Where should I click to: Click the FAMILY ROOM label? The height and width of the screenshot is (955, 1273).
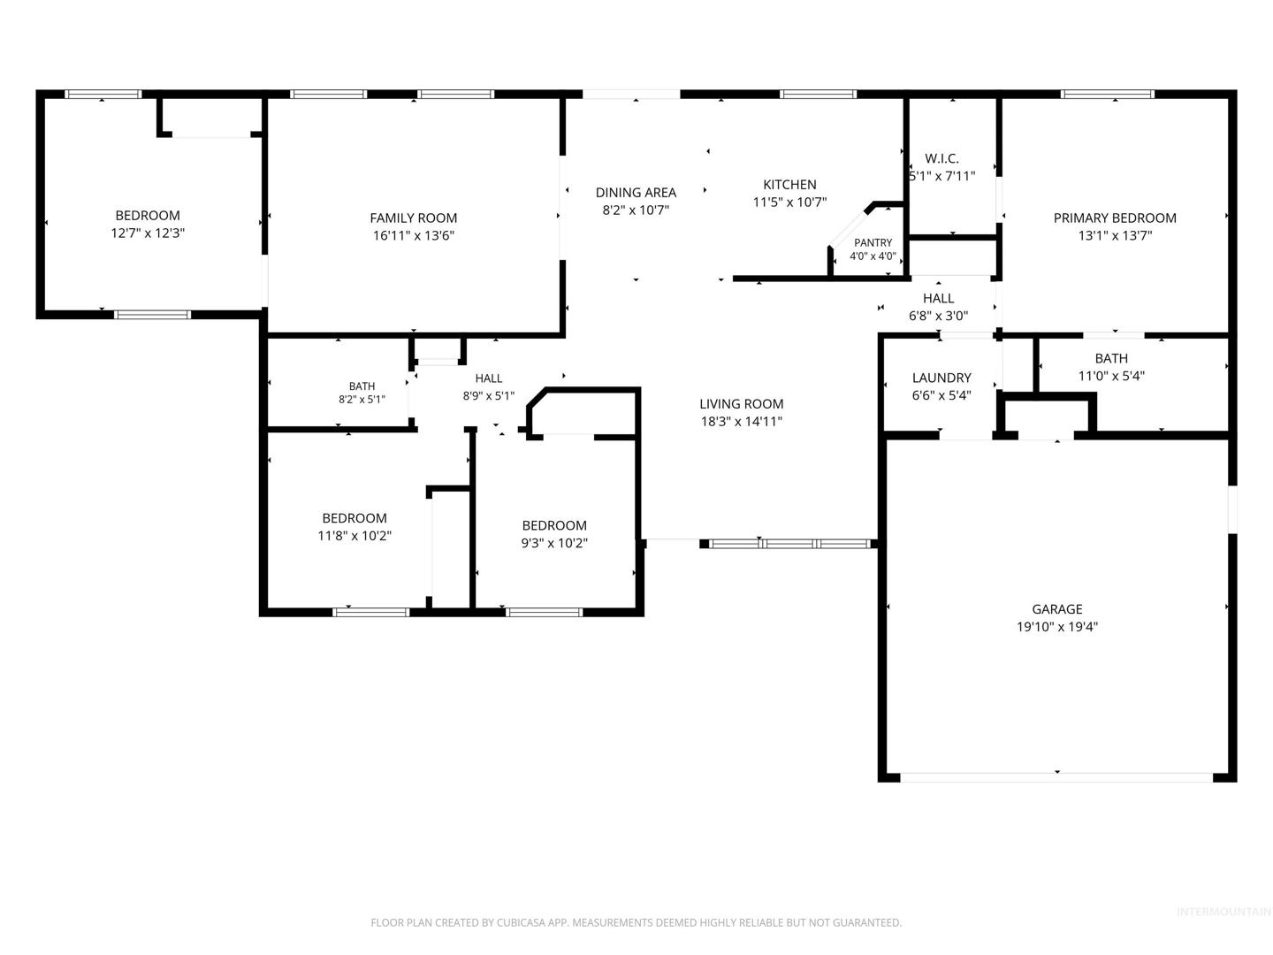pyautogui.click(x=413, y=218)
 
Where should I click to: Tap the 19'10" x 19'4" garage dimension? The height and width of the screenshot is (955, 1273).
pyautogui.click(x=1056, y=627)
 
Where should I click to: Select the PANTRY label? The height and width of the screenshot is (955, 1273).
pyautogui.click(x=873, y=242)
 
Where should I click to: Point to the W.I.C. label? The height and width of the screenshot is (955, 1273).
pyautogui.click(x=941, y=158)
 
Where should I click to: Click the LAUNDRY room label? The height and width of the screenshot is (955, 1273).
pyautogui.click(x=941, y=378)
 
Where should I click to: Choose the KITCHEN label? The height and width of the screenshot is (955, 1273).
pyautogui.click(x=789, y=185)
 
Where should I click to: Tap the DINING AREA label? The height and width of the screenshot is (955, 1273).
pyautogui.click(x=636, y=193)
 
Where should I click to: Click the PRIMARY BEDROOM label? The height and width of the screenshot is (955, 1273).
pyautogui.click(x=1115, y=218)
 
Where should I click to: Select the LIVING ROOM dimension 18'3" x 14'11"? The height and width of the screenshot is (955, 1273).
pyautogui.click(x=741, y=422)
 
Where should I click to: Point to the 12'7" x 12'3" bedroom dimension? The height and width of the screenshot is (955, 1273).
pyautogui.click(x=148, y=233)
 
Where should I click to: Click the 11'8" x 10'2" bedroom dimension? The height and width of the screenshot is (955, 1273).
pyautogui.click(x=354, y=536)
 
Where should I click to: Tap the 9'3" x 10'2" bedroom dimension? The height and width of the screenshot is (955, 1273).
pyautogui.click(x=554, y=543)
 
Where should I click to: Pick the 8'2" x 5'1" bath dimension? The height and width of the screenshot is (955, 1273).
pyautogui.click(x=362, y=400)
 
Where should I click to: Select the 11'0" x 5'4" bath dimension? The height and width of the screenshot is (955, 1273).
pyautogui.click(x=1111, y=377)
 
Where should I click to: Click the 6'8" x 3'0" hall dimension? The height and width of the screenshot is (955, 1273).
pyautogui.click(x=938, y=316)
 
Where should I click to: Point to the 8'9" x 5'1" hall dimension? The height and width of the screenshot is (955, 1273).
pyautogui.click(x=488, y=397)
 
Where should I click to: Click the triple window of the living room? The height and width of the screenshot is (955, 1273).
pyautogui.click(x=789, y=544)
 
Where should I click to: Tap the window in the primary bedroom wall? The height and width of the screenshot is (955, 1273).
pyautogui.click(x=1107, y=94)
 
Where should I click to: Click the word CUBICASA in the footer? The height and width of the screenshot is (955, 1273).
pyautogui.click(x=520, y=922)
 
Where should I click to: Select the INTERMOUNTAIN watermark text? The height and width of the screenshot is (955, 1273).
pyautogui.click(x=1223, y=912)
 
